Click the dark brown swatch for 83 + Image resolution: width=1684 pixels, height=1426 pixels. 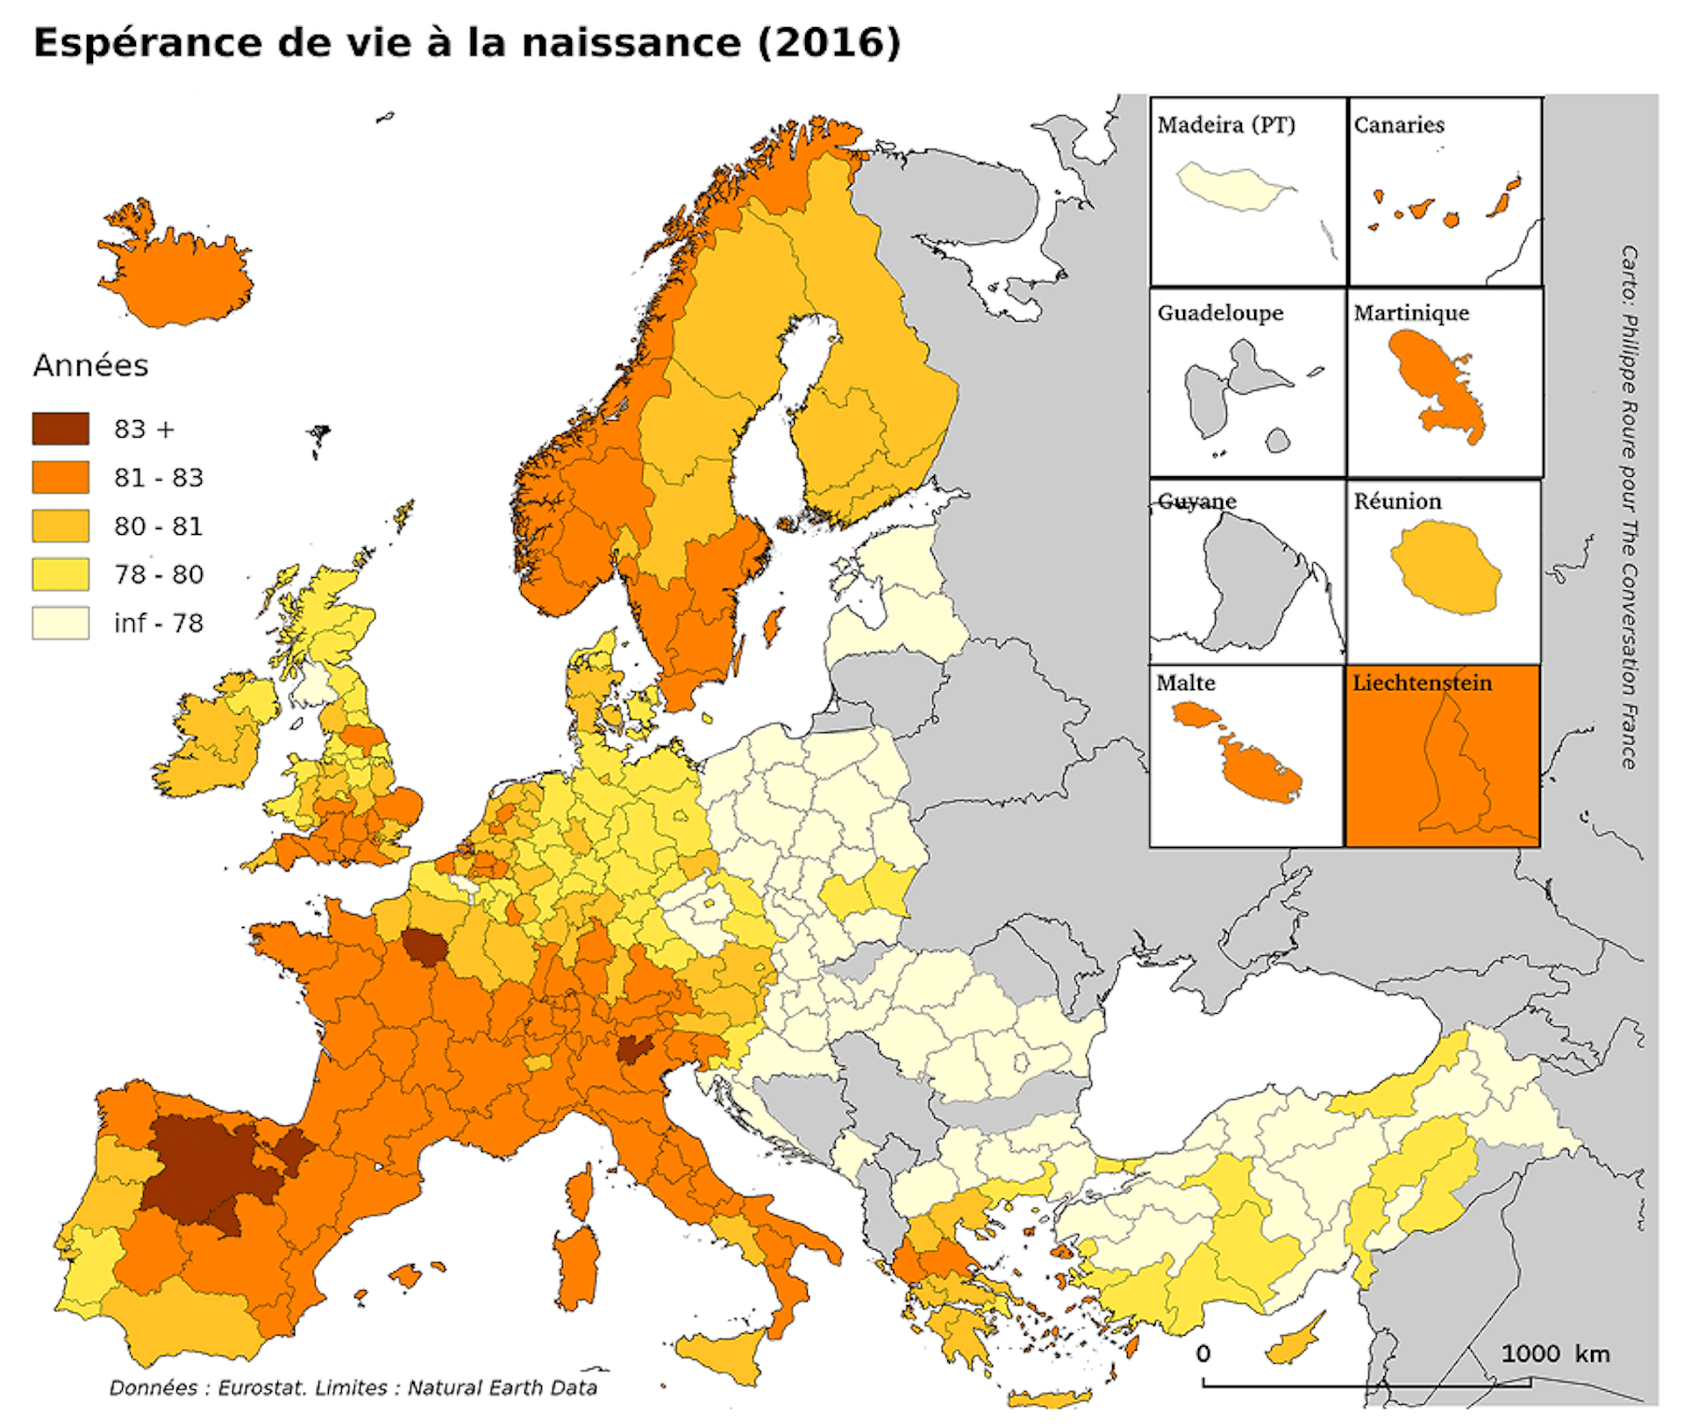(61, 429)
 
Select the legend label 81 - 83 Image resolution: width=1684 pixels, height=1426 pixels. (158, 478)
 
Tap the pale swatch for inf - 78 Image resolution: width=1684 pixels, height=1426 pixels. (61, 623)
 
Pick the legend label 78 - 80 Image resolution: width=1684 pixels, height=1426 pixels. (158, 574)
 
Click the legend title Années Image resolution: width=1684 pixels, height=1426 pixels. (90, 366)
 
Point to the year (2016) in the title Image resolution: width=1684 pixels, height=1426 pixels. (829, 43)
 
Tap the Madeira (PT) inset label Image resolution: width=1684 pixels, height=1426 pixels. (1225, 125)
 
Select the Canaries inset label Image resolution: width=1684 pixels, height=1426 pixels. (1398, 125)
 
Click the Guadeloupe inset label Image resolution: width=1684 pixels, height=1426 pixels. (1220, 313)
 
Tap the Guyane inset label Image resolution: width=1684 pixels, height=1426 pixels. (1196, 502)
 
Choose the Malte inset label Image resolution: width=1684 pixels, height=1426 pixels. (1185, 683)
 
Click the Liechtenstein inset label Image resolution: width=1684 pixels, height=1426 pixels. (1421, 683)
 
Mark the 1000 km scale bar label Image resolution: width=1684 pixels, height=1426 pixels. (1555, 1354)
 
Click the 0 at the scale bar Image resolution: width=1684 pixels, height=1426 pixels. (1203, 1354)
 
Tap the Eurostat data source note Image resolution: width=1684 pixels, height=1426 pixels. (353, 1388)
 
